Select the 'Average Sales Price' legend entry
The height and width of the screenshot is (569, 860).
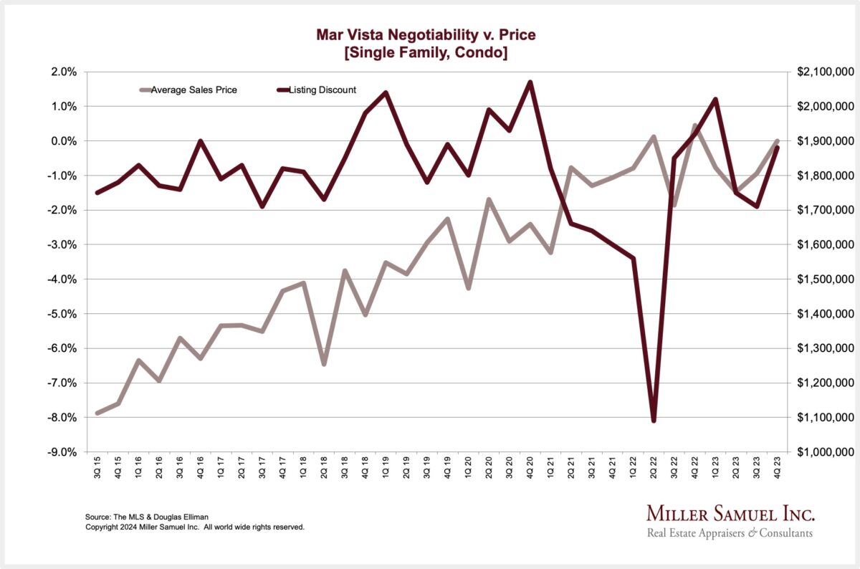pos(193,90)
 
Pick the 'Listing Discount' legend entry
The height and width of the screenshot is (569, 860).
pos(322,90)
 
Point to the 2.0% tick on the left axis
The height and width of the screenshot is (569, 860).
pos(63,72)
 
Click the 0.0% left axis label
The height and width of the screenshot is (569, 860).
pos(63,141)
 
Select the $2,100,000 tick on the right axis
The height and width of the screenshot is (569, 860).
pos(825,72)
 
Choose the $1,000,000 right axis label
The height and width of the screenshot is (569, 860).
pos(825,452)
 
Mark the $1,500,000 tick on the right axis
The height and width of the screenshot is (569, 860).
pos(825,279)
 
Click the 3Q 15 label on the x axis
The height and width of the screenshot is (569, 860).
pos(98,469)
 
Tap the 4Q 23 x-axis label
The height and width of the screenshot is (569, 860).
pos(778,469)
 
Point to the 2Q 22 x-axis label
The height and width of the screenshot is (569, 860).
pos(654,469)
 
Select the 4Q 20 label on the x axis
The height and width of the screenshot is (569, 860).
pos(530,469)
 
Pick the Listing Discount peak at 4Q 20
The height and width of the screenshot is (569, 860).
pos(530,82)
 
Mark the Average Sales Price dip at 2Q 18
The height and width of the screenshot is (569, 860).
pos(324,364)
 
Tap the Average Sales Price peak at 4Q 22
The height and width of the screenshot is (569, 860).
pos(694,126)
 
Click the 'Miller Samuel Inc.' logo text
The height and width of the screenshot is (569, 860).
pos(730,514)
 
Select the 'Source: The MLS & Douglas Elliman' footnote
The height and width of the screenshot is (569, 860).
pos(138,517)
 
